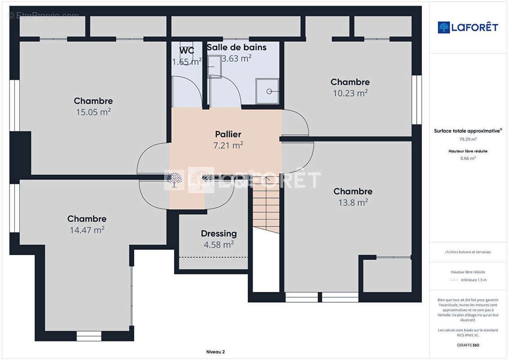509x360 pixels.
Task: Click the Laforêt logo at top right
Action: [x=468, y=27]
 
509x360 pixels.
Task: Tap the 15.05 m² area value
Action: [x=94, y=112]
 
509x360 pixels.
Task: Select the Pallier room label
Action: [x=228, y=134]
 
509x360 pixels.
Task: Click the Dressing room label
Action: [x=219, y=234]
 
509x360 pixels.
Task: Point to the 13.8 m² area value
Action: [x=353, y=202]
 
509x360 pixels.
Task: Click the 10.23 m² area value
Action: [x=350, y=93]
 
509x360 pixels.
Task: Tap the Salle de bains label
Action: [x=237, y=47]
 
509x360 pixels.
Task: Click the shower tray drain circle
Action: [x=269, y=91]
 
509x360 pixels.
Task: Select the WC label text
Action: [x=187, y=51]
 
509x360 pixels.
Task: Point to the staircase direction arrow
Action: [x=266, y=178]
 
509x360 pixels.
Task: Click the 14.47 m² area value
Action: [x=87, y=230]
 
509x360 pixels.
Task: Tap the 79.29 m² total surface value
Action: [x=468, y=139]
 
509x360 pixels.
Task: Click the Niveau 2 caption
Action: [x=216, y=352]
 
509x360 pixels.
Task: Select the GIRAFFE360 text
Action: [x=468, y=345]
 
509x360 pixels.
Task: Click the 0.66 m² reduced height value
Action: [x=468, y=158]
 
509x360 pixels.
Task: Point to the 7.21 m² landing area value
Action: [x=228, y=145]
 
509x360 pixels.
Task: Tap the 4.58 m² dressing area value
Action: [x=219, y=245]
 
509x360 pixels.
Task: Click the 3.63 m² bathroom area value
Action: [x=237, y=58]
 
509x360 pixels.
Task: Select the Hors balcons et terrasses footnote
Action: [x=468, y=252]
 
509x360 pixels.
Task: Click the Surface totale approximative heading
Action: [x=468, y=131]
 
